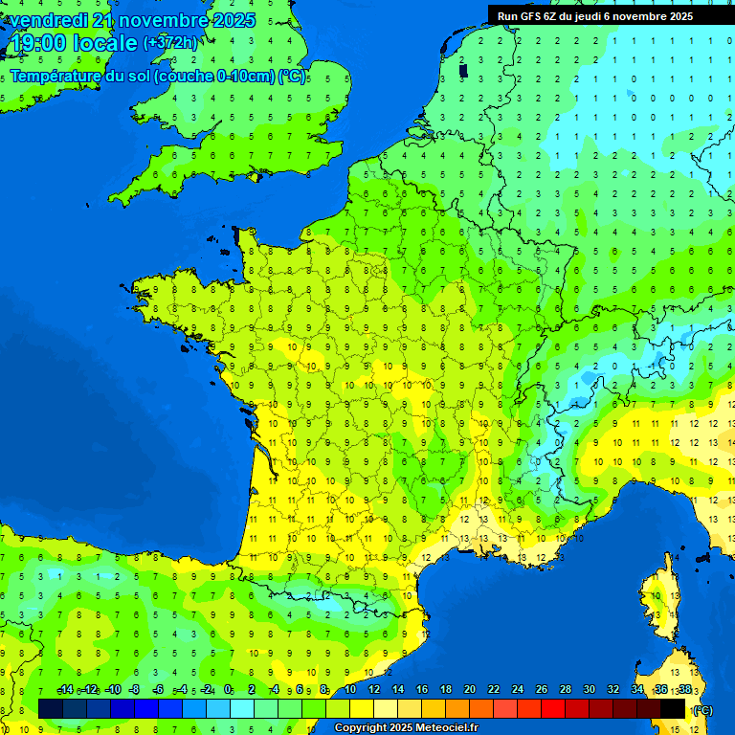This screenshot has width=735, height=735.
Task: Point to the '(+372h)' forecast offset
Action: (x=170, y=43)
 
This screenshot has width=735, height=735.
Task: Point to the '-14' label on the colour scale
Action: (x=65, y=690)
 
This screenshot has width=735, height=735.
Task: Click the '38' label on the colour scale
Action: (x=685, y=690)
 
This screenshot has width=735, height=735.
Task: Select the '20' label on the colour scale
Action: (x=470, y=690)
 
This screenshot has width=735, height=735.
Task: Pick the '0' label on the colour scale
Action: (x=228, y=690)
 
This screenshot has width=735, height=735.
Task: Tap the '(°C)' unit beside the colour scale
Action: (x=702, y=709)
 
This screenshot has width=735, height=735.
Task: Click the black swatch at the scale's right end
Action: (x=673, y=708)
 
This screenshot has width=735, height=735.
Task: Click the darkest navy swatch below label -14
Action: (x=51, y=708)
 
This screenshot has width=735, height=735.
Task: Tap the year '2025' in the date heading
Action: (x=231, y=20)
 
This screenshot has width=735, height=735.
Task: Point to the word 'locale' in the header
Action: (x=105, y=43)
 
